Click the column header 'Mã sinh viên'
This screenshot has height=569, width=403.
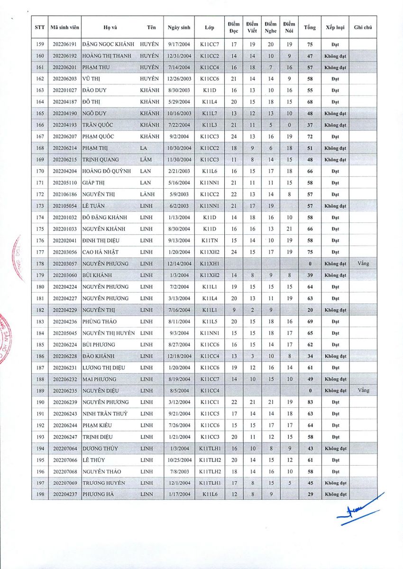(64, 28)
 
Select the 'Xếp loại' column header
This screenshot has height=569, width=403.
(335, 28)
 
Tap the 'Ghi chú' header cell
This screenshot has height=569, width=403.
(363, 28)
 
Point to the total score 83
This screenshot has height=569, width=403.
(310, 402)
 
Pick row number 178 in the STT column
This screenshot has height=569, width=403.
(40, 264)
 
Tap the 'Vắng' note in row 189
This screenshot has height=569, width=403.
(363, 390)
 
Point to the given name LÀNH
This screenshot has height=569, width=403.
(147, 194)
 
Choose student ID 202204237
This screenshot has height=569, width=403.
(64, 495)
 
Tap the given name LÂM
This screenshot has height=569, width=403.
(146, 160)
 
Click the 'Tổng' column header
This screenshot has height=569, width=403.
(310, 28)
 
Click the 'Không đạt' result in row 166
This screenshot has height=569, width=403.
(335, 125)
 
